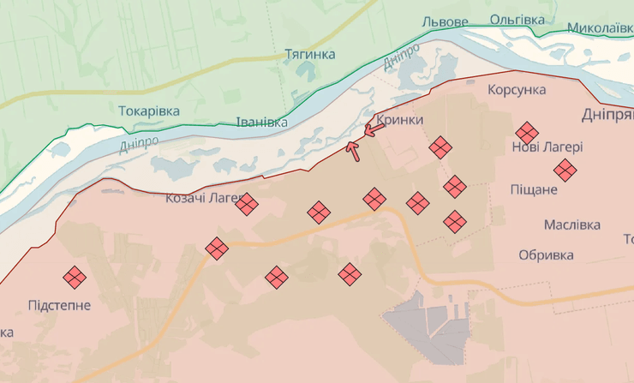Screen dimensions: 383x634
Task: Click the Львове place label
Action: point(445,21)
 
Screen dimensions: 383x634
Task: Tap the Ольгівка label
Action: point(517,19)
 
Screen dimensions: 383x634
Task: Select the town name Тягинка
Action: point(309,54)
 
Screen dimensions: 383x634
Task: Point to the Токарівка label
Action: point(150,111)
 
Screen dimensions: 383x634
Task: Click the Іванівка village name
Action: point(262,122)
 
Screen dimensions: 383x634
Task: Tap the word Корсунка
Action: point(517,89)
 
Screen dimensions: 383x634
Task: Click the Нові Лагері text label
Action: point(547,147)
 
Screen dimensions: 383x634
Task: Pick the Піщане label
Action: point(533,189)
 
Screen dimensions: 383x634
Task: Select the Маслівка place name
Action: point(571,224)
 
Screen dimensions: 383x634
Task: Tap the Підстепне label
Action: point(59,305)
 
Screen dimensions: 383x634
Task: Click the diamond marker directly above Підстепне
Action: point(75,277)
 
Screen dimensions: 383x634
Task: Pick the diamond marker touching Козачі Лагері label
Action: point(247,204)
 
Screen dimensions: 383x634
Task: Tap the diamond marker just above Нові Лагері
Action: point(527,133)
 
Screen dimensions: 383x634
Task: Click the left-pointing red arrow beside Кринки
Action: point(374,130)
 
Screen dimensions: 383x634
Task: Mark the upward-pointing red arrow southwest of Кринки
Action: point(352,150)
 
